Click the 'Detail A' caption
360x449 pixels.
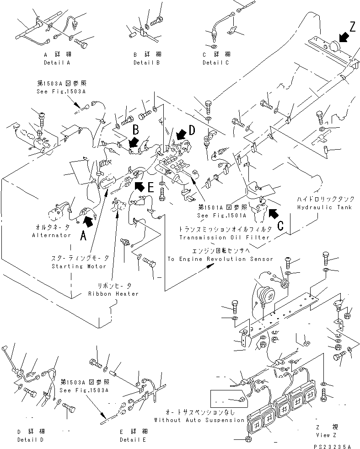coord(57,62)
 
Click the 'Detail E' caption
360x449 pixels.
coord(132,438)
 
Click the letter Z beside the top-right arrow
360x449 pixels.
coord(351,27)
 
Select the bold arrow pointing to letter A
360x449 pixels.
coord(88,222)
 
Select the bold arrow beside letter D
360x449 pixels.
coord(181,134)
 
